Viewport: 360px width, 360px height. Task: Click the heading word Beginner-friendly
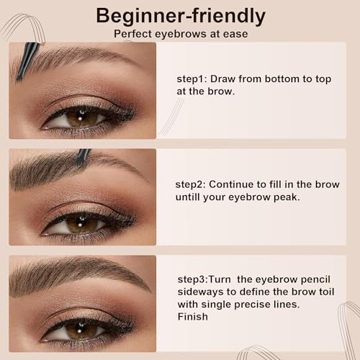point(180,16)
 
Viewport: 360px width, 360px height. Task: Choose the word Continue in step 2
point(230,184)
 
